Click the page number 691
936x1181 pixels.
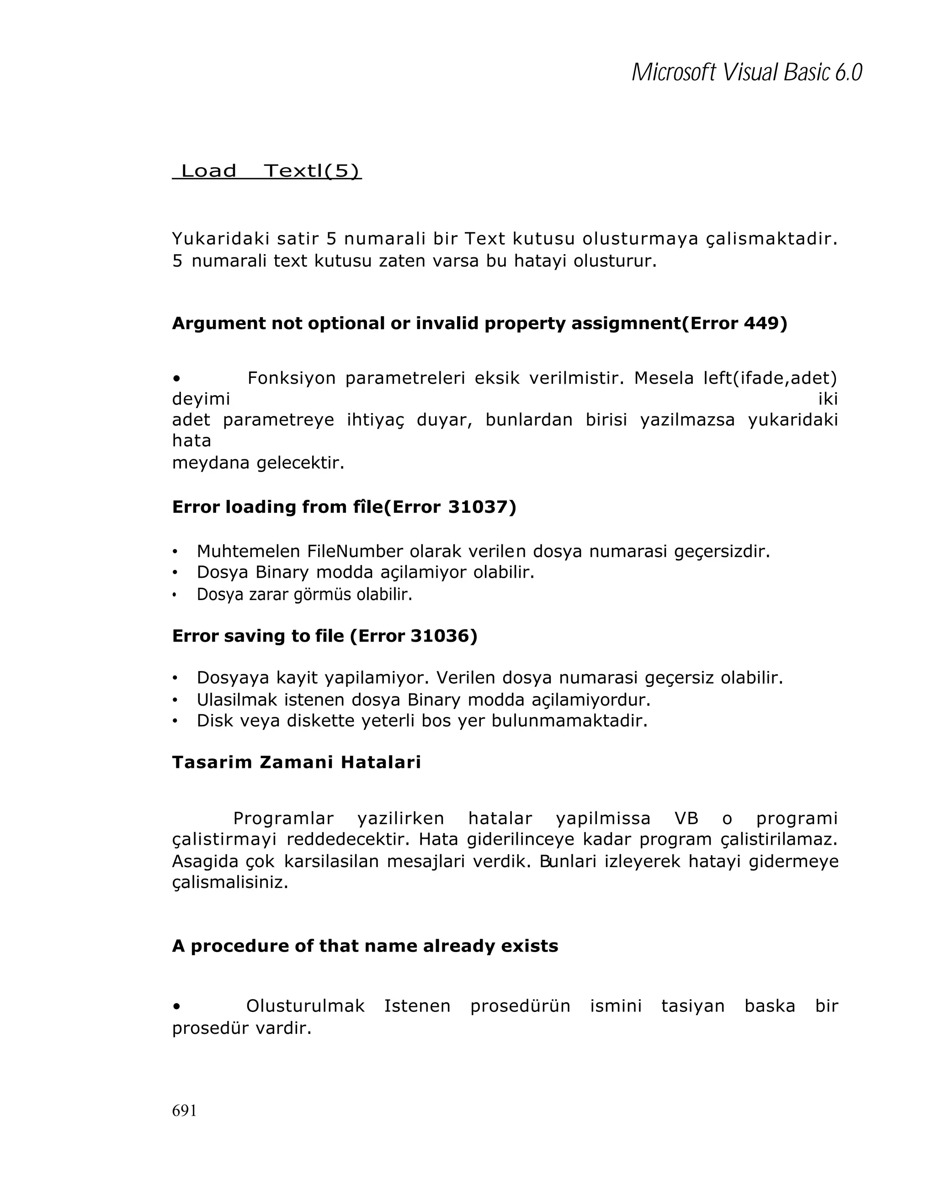(184, 1110)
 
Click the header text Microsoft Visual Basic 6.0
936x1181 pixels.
(746, 72)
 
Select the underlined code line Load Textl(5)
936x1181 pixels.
(267, 171)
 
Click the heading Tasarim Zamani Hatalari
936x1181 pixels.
(296, 762)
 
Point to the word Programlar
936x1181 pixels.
(283, 819)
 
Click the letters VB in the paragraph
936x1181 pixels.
(686, 819)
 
